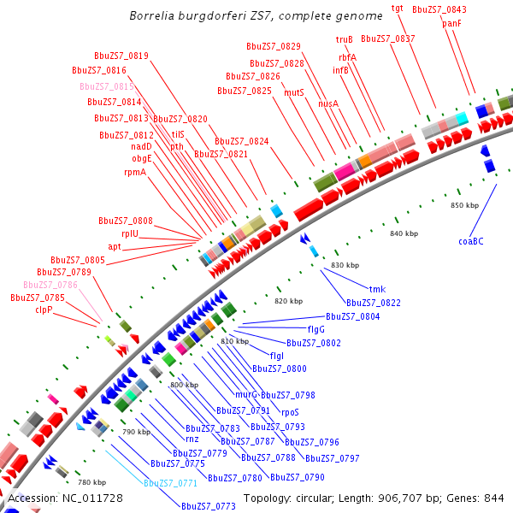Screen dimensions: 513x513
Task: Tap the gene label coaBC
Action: (471, 241)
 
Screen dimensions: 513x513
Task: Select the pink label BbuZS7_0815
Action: (107, 86)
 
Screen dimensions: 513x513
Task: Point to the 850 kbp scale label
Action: (464, 205)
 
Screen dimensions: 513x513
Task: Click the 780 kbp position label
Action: (92, 482)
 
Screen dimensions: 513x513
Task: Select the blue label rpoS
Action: (291, 411)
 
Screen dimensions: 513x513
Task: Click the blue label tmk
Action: (376, 289)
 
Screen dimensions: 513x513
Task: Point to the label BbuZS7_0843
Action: (439, 9)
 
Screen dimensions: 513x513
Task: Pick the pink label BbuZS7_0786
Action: (50, 285)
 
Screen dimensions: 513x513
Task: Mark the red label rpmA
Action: (135, 172)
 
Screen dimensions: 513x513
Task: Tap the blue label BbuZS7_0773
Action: (208, 506)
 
